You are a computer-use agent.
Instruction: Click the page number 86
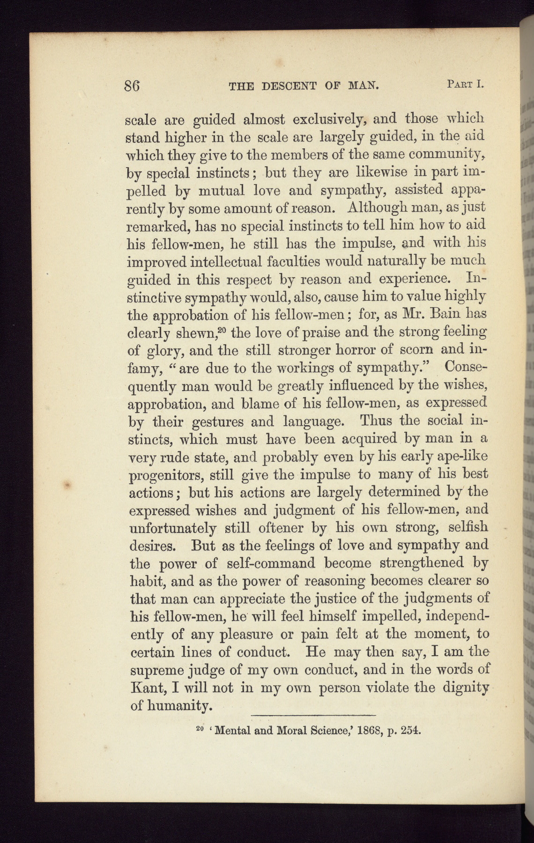coord(133,86)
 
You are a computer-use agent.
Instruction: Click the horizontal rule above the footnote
coord(314,715)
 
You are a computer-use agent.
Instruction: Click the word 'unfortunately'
coord(172,528)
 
